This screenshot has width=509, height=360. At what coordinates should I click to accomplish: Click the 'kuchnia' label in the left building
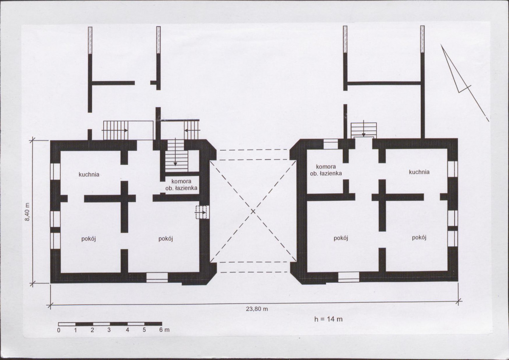click(x=89, y=174)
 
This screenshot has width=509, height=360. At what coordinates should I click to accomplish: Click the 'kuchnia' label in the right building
click(x=419, y=172)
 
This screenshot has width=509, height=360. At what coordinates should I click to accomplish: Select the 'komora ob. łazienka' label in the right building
click(x=326, y=170)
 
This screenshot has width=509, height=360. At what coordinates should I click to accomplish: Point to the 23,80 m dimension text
click(x=257, y=309)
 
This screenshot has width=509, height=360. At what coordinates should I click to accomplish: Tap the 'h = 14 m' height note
click(x=328, y=319)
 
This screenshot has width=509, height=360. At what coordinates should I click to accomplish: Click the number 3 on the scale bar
click(x=109, y=330)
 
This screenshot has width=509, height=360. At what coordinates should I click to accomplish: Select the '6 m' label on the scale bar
click(x=164, y=330)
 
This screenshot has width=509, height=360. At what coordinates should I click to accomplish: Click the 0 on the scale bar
click(x=59, y=330)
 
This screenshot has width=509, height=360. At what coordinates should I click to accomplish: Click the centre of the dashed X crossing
click(x=253, y=211)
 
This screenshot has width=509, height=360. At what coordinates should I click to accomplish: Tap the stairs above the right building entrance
click(x=363, y=130)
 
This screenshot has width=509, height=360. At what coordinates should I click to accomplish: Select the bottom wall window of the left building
click(x=157, y=278)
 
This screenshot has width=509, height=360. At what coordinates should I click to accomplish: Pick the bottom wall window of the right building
click(x=349, y=277)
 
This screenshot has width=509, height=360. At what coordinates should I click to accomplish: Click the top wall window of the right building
click(x=331, y=143)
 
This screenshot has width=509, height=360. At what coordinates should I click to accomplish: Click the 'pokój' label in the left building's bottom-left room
click(x=89, y=239)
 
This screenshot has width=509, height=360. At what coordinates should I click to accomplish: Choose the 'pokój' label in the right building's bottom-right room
click(x=419, y=238)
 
